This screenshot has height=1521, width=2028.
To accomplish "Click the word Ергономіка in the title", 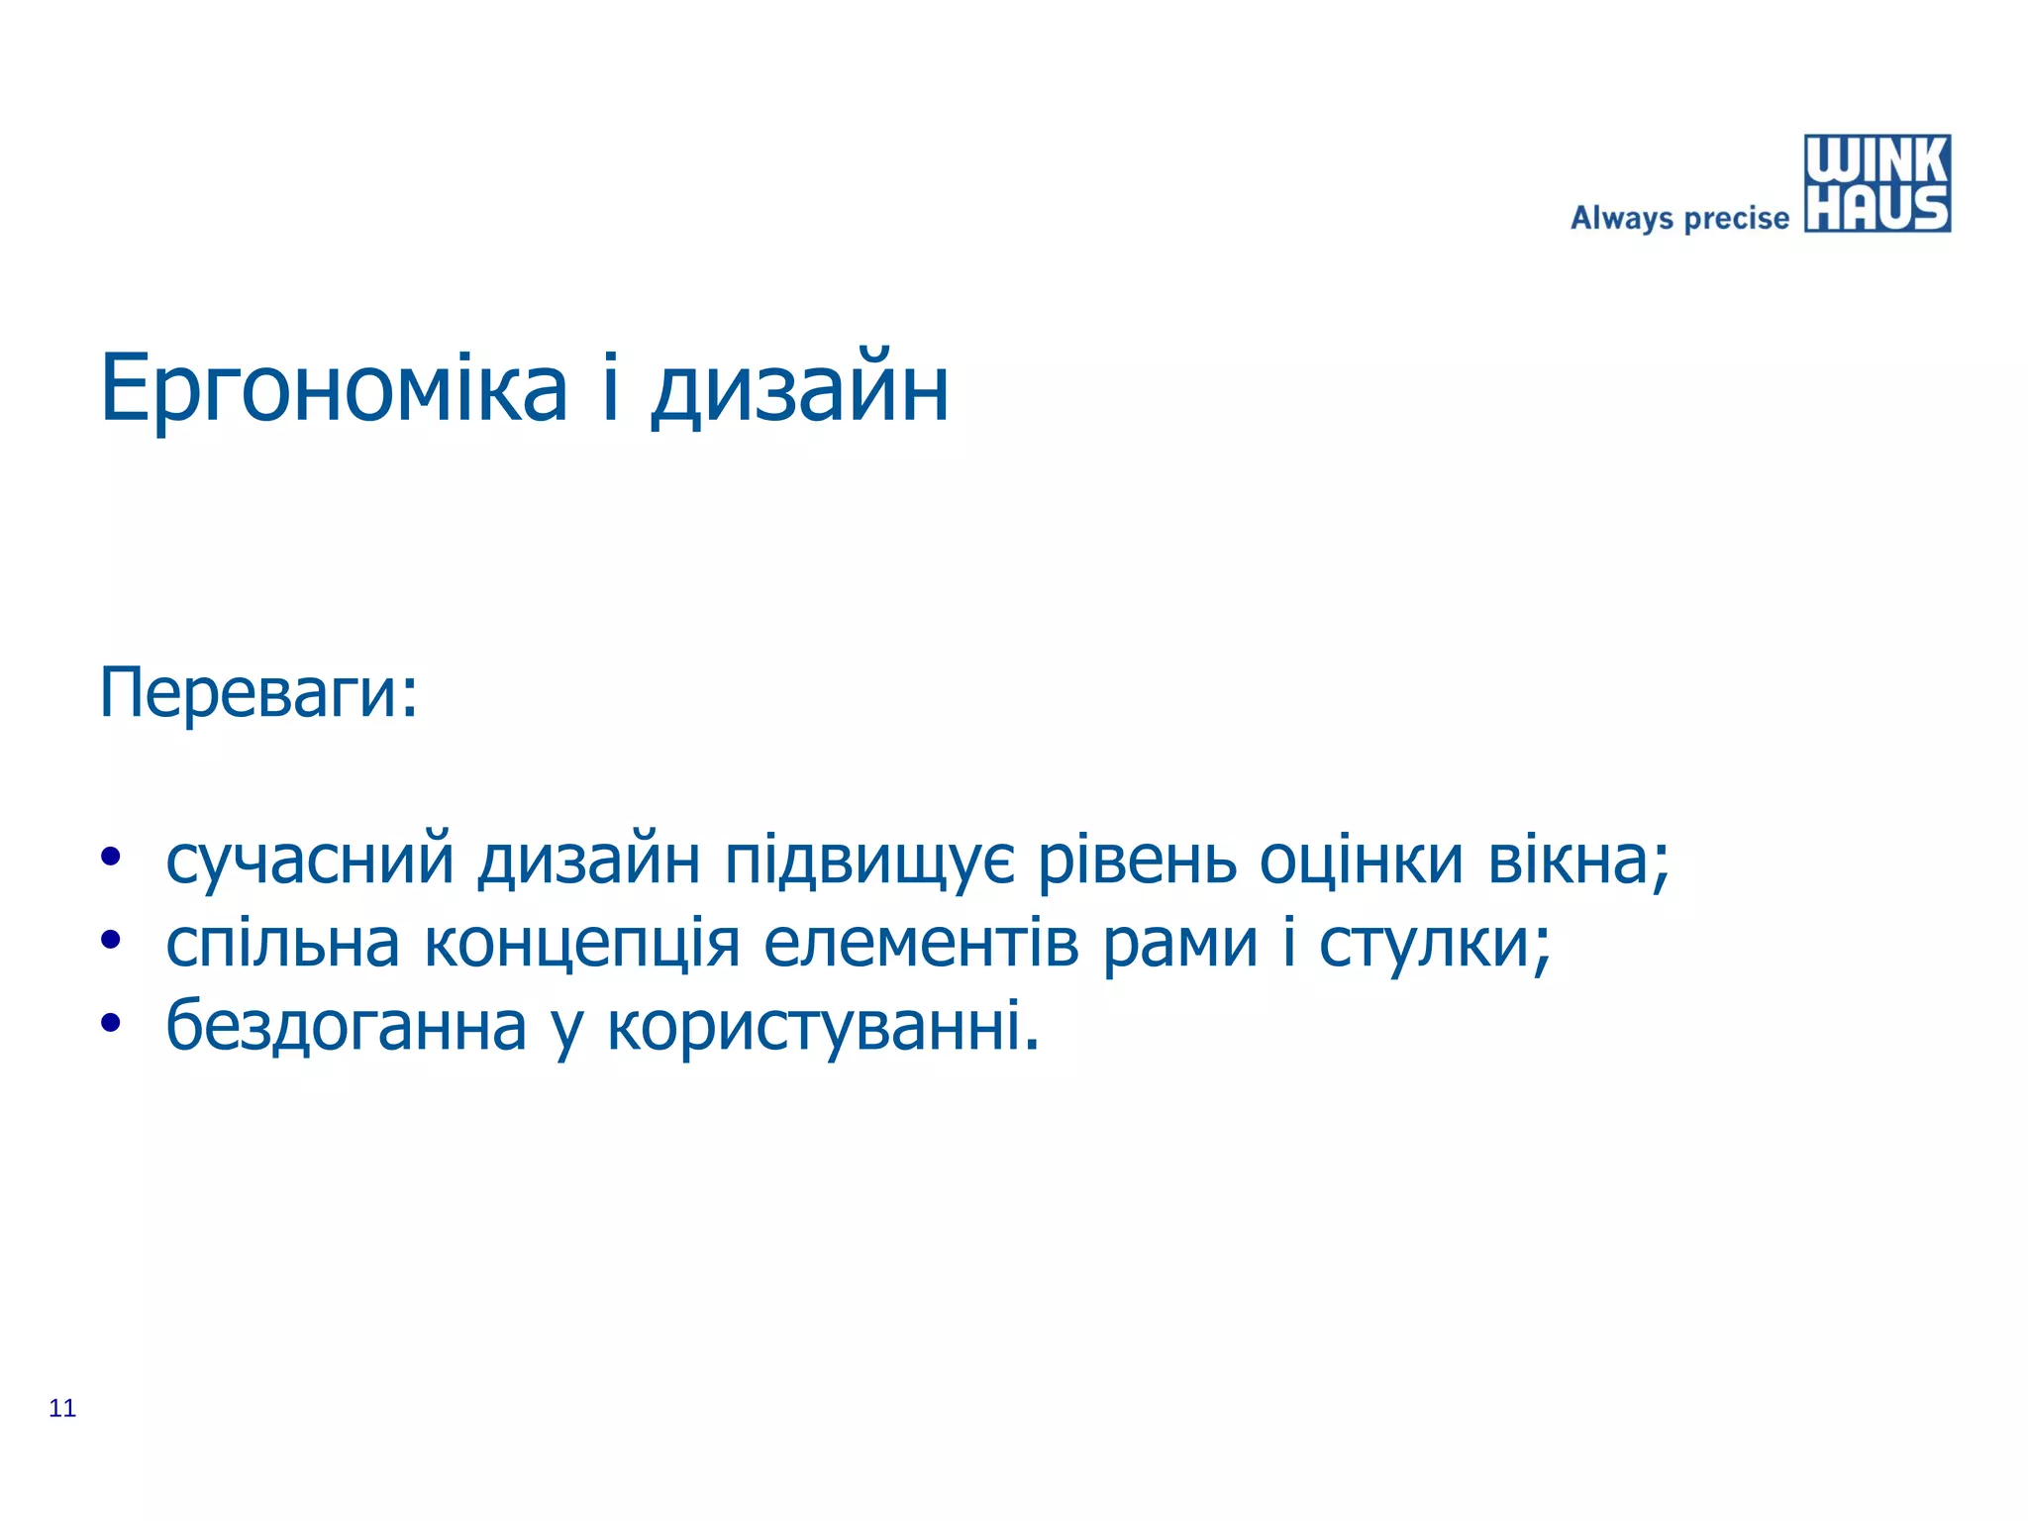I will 334,388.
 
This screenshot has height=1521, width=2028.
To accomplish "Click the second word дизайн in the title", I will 800,388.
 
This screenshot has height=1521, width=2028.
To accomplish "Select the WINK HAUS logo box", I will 1876,184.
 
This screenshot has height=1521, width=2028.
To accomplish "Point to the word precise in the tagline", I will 1736,218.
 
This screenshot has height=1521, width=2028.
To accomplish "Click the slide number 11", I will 62,1408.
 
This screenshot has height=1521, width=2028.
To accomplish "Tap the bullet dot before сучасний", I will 110,858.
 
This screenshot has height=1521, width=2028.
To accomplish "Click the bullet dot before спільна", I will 110,941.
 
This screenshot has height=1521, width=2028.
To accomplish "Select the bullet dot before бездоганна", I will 110,1024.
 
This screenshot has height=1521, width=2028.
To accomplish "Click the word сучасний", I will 309,860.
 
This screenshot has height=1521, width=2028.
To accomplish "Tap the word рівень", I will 1137,860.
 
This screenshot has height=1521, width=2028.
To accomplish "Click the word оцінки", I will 1361,860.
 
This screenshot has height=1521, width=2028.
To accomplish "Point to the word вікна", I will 1570,860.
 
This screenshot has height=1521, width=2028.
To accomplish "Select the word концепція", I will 581,943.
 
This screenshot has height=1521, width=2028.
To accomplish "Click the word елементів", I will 921,943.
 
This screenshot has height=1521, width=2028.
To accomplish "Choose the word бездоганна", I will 346,1026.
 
